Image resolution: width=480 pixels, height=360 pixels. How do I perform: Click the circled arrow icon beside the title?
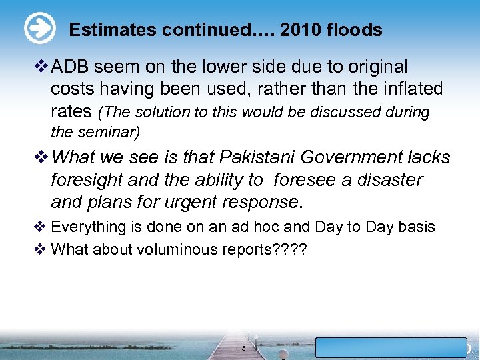click(x=39, y=29)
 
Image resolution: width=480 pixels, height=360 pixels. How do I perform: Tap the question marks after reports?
click(x=290, y=249)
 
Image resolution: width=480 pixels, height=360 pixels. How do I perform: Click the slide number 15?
click(x=242, y=348)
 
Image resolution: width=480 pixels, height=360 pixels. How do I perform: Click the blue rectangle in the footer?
click(x=391, y=347)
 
